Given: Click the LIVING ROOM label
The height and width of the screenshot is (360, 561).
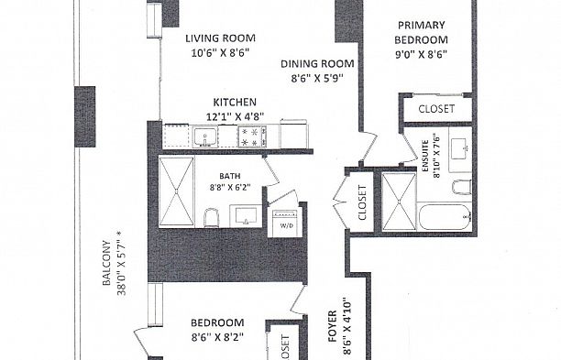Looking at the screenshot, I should pos(220,38).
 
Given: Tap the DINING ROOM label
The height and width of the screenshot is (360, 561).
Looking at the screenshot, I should pos(316,63).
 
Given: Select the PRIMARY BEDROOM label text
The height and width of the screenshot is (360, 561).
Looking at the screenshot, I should pos(421,33).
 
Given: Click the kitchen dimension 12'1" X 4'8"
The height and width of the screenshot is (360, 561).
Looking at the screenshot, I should pos(235,116).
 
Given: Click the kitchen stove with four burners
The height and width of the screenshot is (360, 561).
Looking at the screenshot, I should pos(251,136).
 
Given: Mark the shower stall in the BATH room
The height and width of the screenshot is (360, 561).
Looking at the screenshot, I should pos(176,191).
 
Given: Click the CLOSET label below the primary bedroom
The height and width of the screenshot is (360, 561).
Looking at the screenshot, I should pos(435,109).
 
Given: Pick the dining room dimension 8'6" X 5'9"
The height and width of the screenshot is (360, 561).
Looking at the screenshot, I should pos(316,79).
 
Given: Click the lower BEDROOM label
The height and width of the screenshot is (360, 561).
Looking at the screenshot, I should pos(217,322).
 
